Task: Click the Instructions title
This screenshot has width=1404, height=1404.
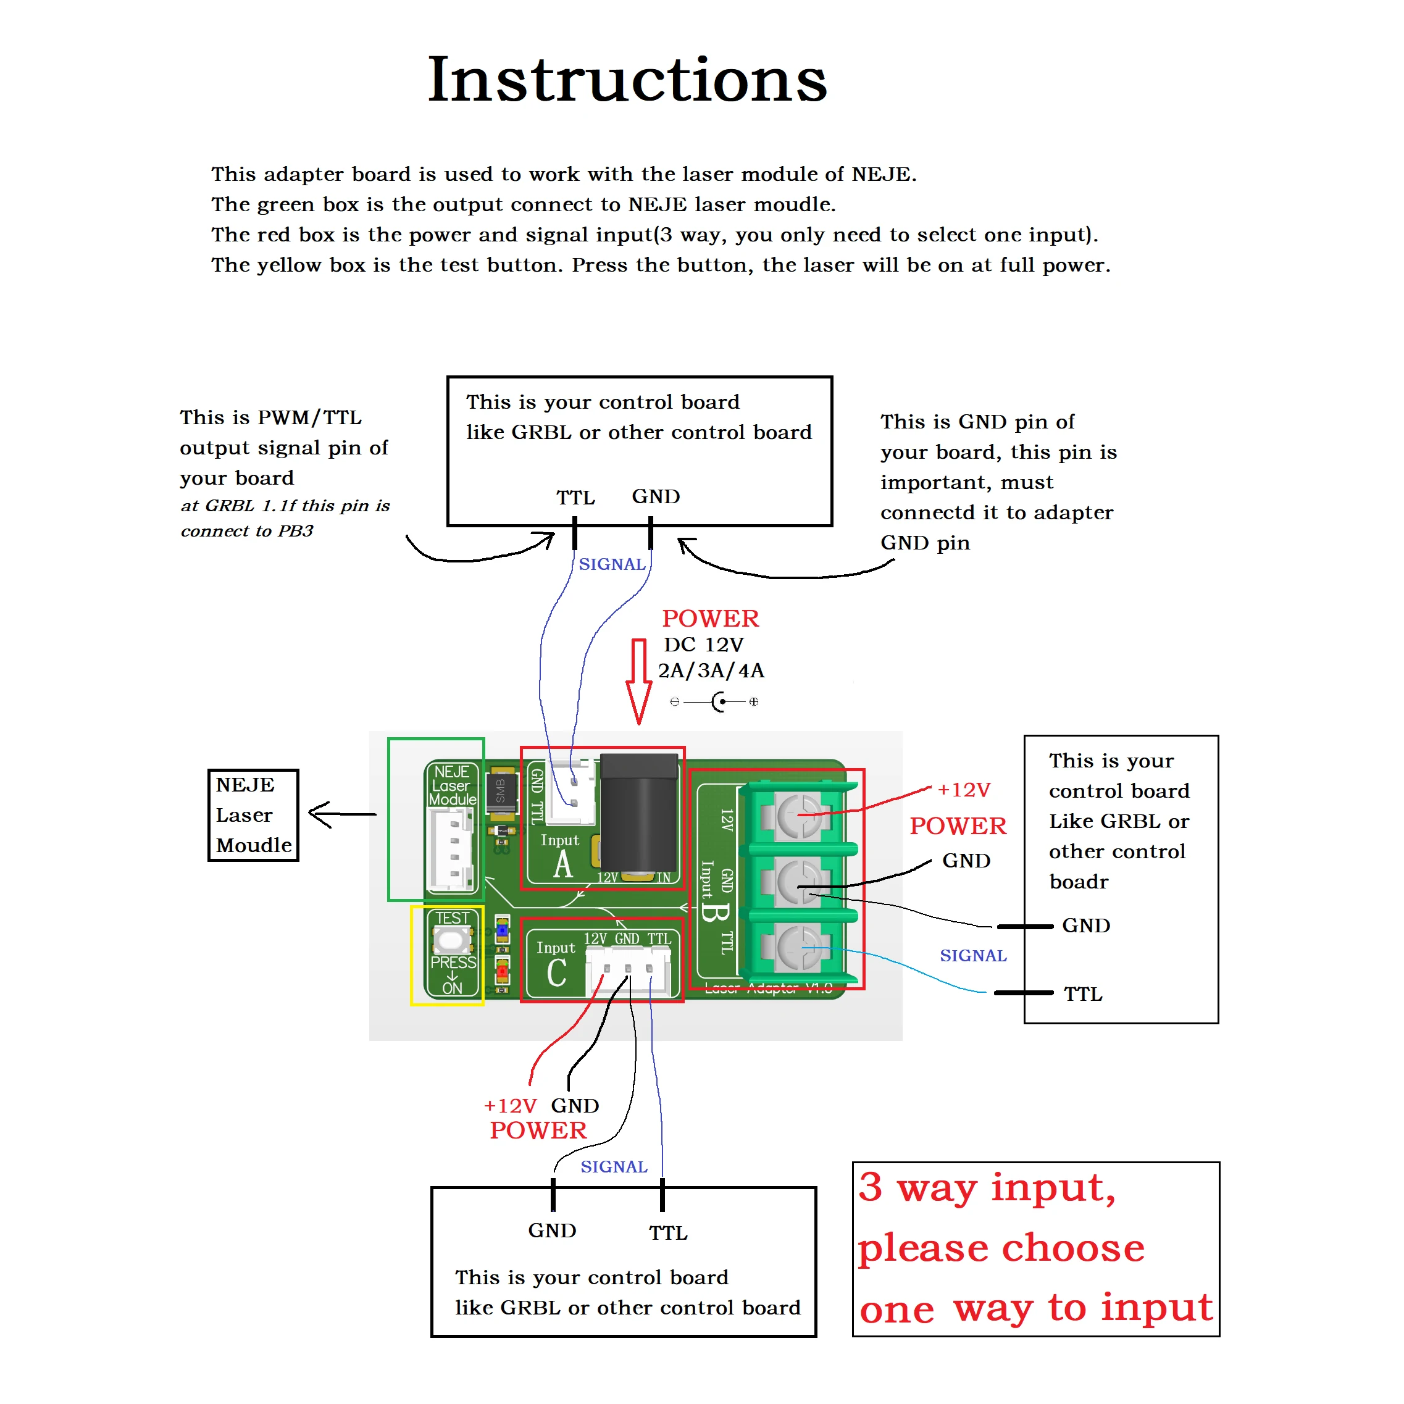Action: click(x=627, y=79)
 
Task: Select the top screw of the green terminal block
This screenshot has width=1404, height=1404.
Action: click(x=799, y=816)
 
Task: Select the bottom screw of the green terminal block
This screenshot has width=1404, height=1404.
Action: click(x=799, y=948)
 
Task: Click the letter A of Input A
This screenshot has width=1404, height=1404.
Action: click(x=563, y=866)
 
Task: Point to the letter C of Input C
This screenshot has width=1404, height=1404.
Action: click(x=557, y=973)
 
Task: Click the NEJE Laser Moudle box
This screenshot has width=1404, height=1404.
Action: click(x=253, y=816)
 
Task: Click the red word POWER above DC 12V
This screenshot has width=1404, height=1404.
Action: click(x=710, y=619)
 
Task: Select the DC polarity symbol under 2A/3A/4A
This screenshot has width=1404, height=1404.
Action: click(x=715, y=702)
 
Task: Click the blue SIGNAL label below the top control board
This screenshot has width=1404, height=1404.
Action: click(x=612, y=565)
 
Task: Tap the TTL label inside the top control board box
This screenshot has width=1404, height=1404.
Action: click(x=575, y=498)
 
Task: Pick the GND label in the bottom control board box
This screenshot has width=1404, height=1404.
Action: click(x=553, y=1231)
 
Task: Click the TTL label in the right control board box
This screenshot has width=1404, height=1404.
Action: click(x=1083, y=994)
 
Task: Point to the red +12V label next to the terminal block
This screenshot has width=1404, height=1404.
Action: click(x=964, y=790)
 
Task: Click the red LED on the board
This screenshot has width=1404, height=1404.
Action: click(x=502, y=971)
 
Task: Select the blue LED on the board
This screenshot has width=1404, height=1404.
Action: click(x=502, y=930)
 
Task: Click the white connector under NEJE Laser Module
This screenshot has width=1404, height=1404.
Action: click(x=451, y=850)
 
